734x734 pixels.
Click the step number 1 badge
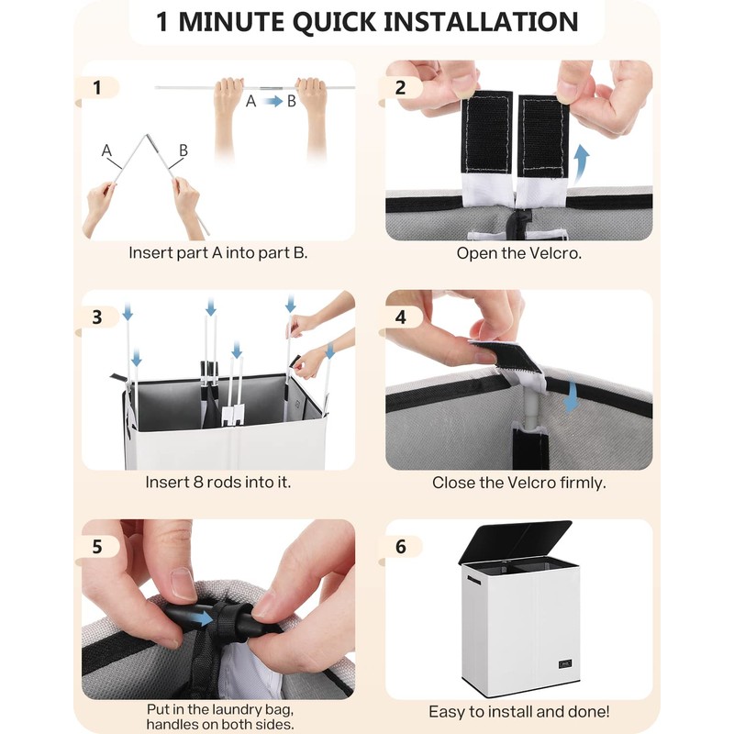tap(97, 87)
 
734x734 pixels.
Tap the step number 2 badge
tap(400, 87)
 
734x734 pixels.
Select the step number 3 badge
tap(97, 317)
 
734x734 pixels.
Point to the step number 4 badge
tap(400, 317)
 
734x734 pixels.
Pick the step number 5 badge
tap(97, 546)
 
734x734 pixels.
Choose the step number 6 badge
tap(400, 546)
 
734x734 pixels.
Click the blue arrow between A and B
tap(273, 101)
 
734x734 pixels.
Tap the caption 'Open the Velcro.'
tap(518, 253)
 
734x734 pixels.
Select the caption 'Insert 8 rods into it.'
tap(218, 483)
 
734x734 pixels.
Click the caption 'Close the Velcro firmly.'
tap(518, 483)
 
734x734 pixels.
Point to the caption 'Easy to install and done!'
tap(518, 712)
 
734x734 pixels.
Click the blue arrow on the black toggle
tap(200, 618)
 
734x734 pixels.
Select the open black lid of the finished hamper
tap(515, 541)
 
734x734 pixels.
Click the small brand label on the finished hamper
tap(565, 663)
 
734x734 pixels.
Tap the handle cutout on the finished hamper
tap(473, 581)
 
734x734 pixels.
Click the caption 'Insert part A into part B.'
tap(218, 253)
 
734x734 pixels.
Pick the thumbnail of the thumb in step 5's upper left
tap(183, 584)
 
